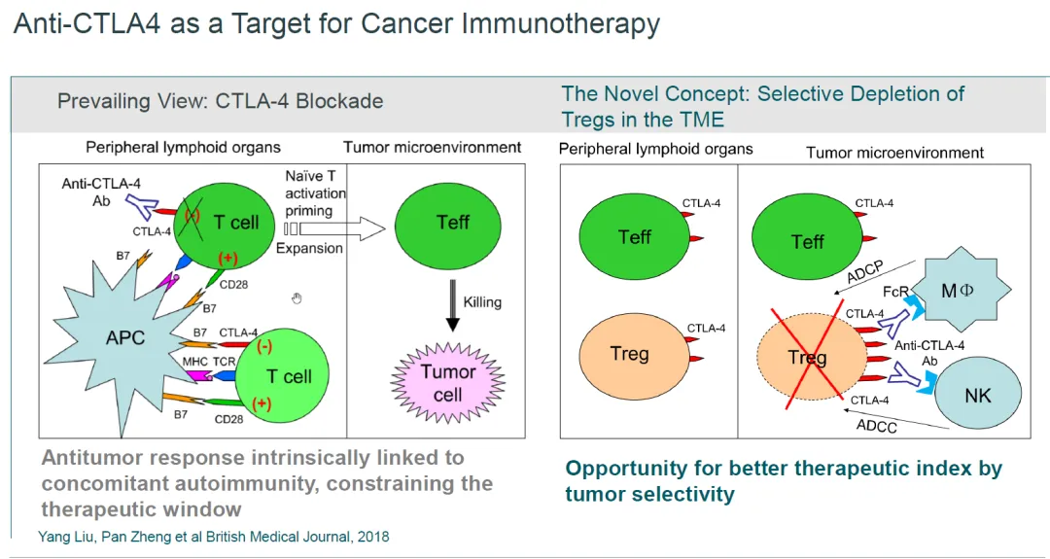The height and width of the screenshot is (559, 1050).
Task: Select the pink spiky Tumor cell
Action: (x=447, y=382)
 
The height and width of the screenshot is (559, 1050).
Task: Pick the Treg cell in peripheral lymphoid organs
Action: (x=629, y=354)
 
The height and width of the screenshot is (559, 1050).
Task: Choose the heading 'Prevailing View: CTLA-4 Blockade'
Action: (x=220, y=101)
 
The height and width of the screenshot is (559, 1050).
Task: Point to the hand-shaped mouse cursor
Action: (x=297, y=298)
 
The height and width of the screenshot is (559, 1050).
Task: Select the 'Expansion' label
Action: (x=310, y=248)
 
